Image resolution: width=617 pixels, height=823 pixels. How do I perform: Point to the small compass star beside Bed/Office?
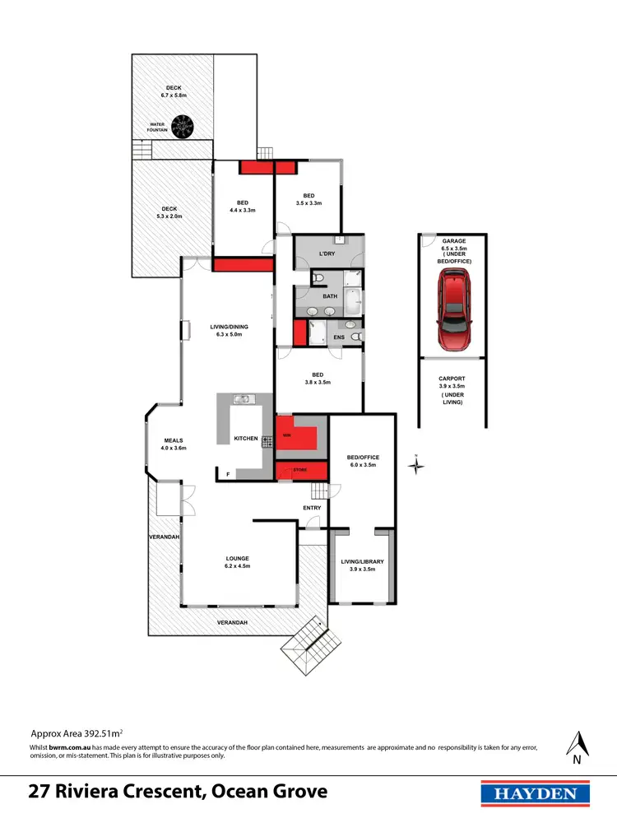417,466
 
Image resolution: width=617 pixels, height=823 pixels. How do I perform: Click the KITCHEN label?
246,438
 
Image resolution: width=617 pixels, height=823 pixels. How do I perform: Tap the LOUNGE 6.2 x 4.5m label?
237,562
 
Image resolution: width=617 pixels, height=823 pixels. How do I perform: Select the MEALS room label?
174,444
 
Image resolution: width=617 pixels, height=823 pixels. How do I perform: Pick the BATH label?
330,295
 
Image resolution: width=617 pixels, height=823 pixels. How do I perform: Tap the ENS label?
338,337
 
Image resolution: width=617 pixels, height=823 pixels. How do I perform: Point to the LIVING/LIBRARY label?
363,565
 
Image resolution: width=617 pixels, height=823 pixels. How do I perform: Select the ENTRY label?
312,508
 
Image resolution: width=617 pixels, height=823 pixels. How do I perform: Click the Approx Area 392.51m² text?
77,732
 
